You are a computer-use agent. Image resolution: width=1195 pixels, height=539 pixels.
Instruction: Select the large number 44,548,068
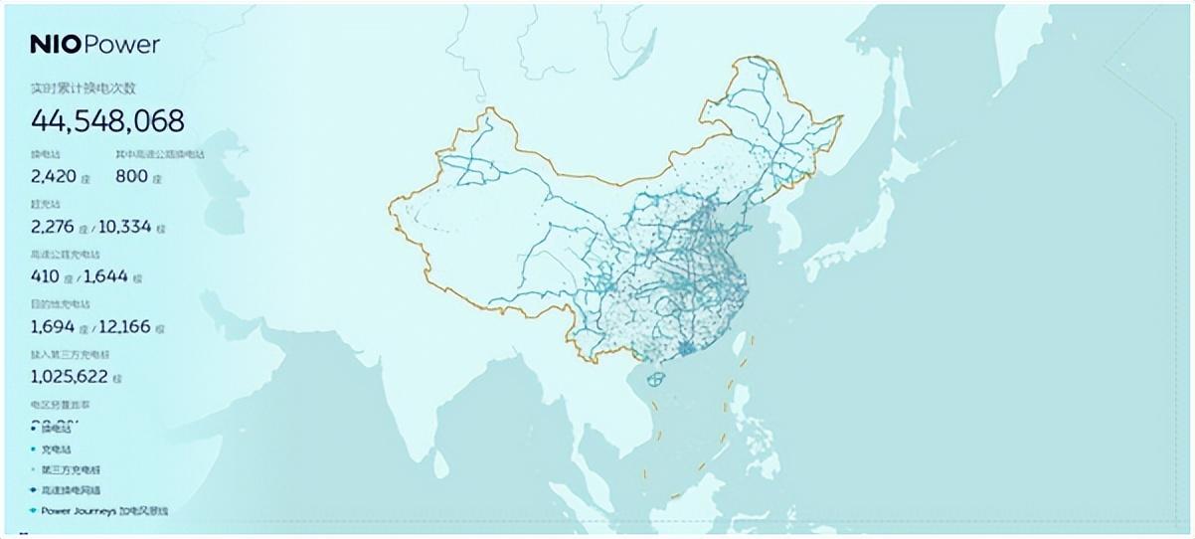click(107, 121)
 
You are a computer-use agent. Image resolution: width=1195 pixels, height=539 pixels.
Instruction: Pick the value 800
click(131, 176)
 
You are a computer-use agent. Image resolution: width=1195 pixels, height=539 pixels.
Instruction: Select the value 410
click(44, 275)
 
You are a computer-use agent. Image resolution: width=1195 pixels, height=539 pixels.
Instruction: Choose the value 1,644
click(105, 275)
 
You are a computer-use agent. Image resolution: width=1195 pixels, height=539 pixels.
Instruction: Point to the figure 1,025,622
click(70, 377)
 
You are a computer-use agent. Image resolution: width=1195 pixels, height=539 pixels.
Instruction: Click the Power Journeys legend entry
click(104, 510)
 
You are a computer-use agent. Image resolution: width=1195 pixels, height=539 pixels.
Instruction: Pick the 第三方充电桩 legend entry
click(71, 469)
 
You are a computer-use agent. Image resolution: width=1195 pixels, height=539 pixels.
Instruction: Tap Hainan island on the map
click(656, 379)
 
